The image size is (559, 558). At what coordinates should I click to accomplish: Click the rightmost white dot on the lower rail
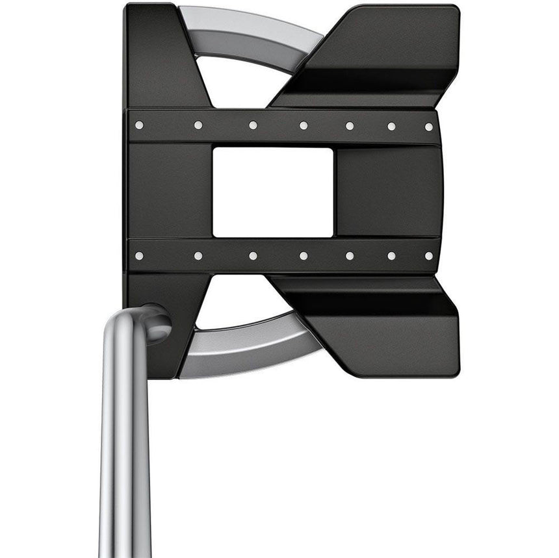pyautogui.click(x=429, y=255)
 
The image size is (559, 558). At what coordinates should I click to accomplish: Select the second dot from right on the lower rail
pyautogui.click(x=392, y=256)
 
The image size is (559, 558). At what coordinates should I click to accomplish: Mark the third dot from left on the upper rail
pyautogui.click(x=253, y=125)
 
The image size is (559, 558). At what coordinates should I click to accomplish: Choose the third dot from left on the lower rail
pyautogui.click(x=253, y=256)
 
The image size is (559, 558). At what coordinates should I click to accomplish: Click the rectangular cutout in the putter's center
pyautogui.click(x=273, y=192)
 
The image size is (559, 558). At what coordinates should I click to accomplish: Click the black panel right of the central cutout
pyautogui.click(x=387, y=192)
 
